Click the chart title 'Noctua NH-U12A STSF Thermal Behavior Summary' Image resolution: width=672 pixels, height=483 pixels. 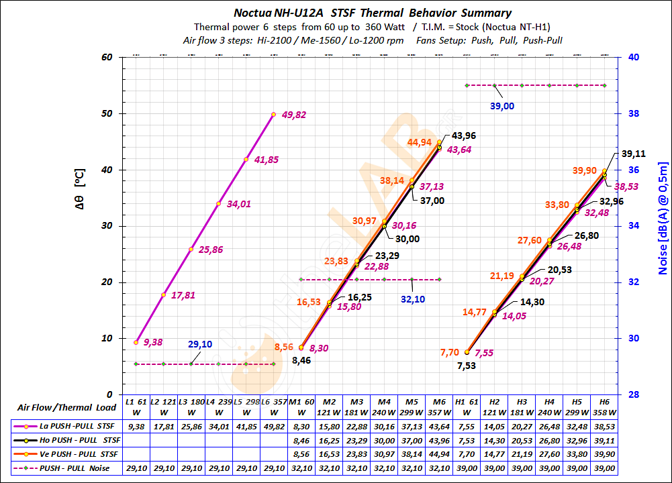(372, 13)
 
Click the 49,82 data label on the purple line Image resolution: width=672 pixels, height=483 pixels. (294, 115)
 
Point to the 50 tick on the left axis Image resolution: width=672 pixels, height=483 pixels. (107, 114)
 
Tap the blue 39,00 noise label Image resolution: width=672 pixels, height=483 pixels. (502, 106)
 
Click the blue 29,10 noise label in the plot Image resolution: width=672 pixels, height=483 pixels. (200, 344)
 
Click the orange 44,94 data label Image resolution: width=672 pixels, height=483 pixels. (419, 142)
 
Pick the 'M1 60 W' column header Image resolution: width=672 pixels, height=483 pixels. (301, 407)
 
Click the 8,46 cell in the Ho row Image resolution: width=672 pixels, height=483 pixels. (301, 440)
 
